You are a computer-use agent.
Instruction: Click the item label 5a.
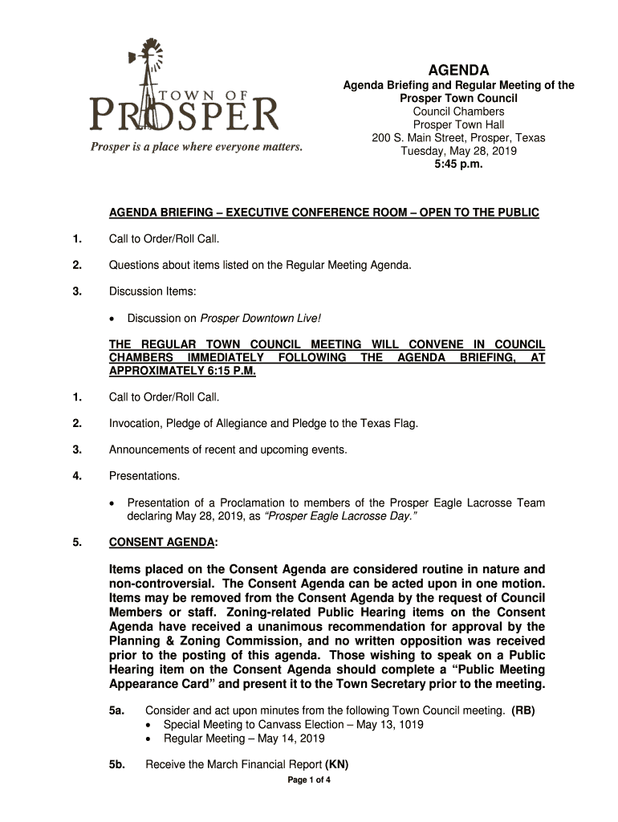pyautogui.click(x=116, y=710)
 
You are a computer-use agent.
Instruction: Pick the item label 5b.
pyautogui.click(x=116, y=765)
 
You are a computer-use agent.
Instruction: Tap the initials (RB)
pyautogui.click(x=522, y=710)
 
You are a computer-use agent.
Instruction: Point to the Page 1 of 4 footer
pyautogui.click(x=309, y=780)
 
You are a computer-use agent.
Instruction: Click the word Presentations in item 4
pyautogui.click(x=144, y=476)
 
